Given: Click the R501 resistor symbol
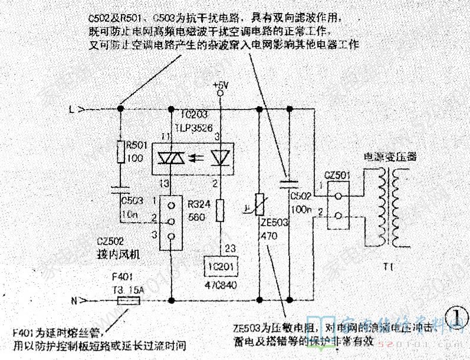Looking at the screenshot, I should [x=120, y=152].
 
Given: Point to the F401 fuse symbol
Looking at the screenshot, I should [x=128, y=300].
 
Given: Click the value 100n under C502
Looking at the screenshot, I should [x=301, y=210].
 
